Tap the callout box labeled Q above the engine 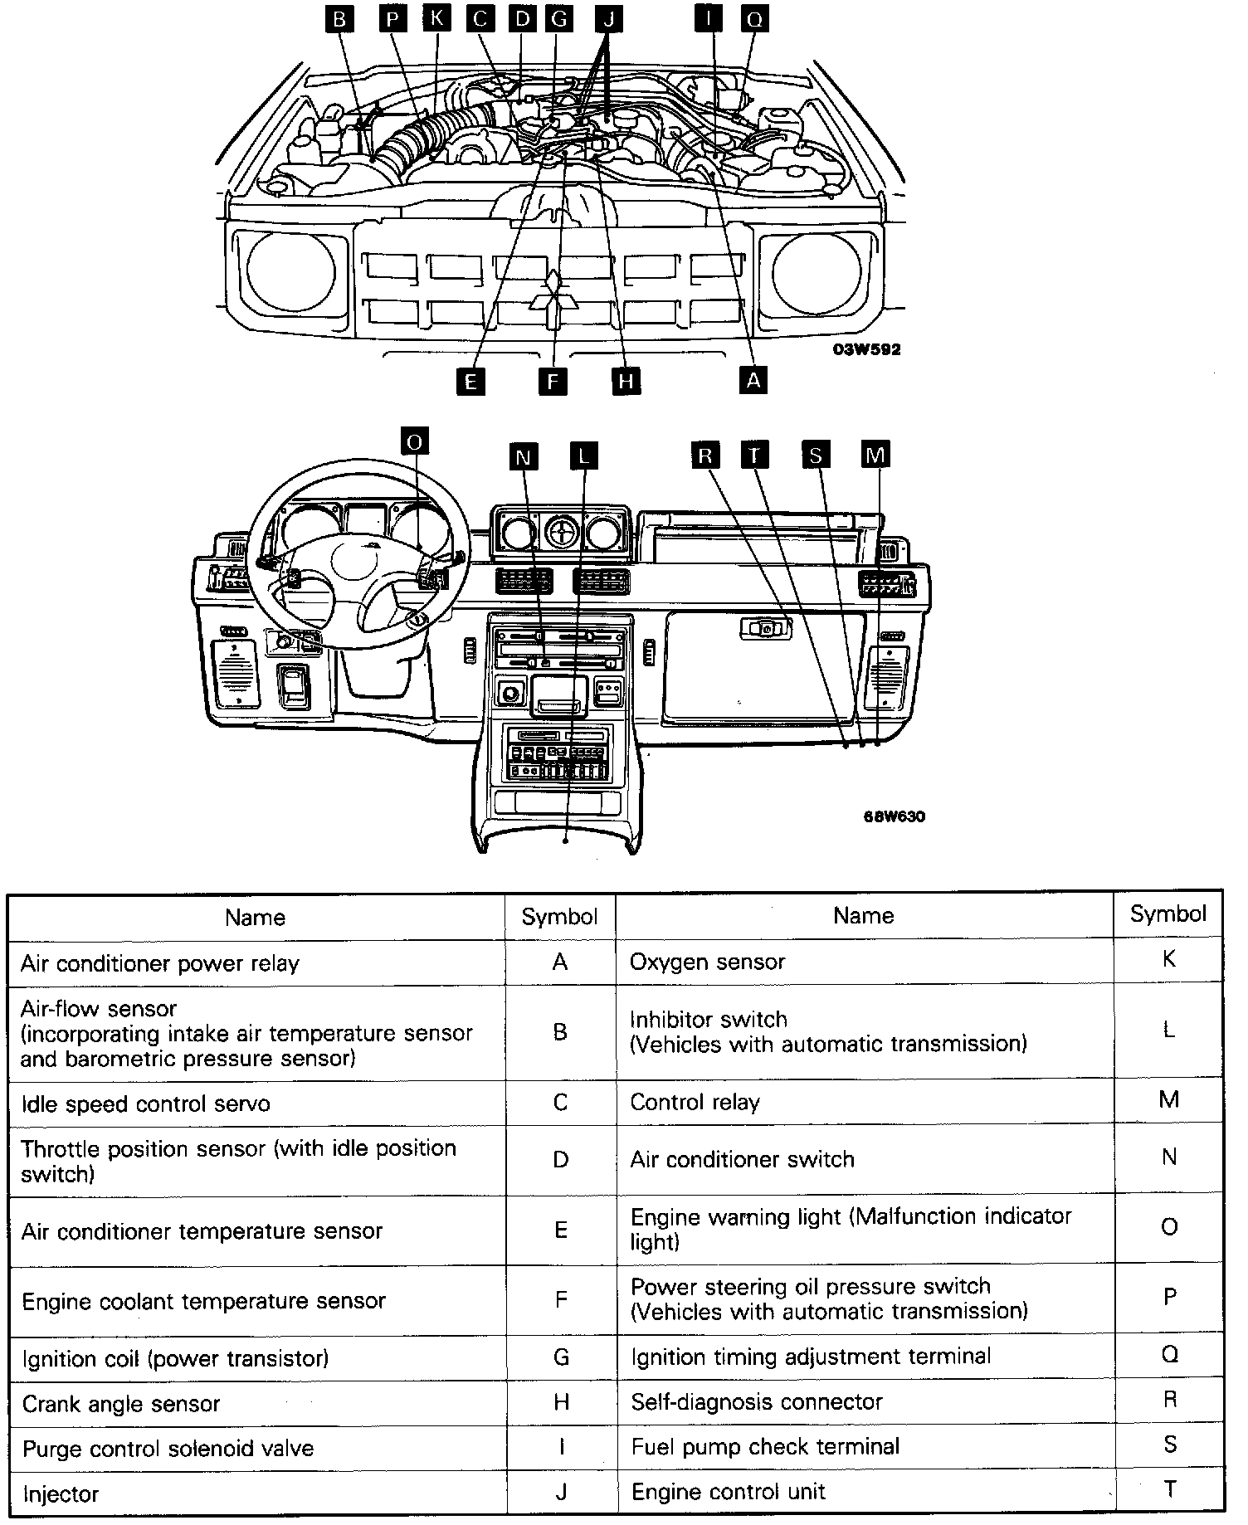755,18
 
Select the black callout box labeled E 470,381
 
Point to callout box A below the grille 753,379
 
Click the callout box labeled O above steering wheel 414,441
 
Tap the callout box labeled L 584,456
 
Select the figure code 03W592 866,349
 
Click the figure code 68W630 895,816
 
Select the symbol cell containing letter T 1169,1489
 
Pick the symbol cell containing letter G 561,1357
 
